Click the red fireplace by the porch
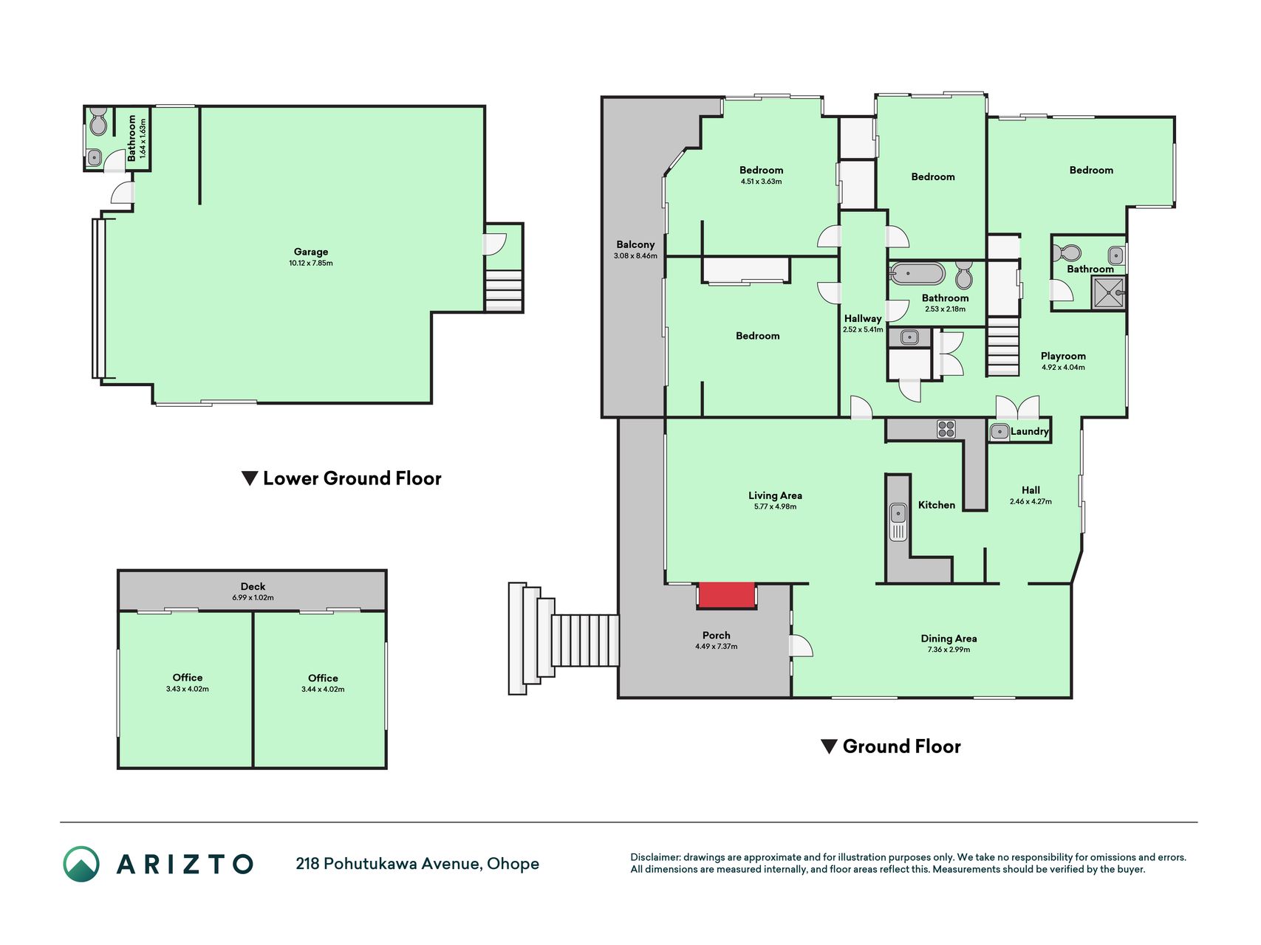(x=727, y=595)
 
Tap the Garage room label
(x=311, y=252)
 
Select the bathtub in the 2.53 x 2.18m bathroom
(x=917, y=274)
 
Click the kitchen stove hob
(x=946, y=429)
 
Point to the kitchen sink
(x=898, y=521)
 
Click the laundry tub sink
(x=999, y=432)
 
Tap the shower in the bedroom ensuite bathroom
(x=1109, y=292)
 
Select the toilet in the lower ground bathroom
(x=98, y=123)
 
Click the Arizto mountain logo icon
(x=81, y=864)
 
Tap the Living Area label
(x=775, y=495)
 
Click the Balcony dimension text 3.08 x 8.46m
(x=635, y=256)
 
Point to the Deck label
(x=253, y=586)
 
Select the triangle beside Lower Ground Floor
(x=250, y=478)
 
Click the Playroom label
(x=1063, y=356)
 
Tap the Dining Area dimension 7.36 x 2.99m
(x=949, y=650)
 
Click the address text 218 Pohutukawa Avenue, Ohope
(x=417, y=864)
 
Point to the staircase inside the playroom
(x=1003, y=346)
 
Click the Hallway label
(x=863, y=318)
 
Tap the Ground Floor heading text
(x=901, y=746)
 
